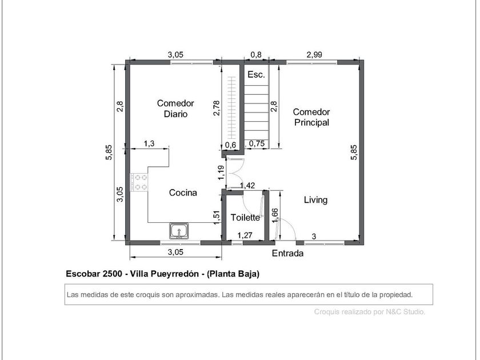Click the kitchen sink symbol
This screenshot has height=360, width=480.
(x=179, y=231)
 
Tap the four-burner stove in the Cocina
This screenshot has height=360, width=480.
(x=139, y=182)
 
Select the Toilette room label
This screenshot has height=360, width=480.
(x=245, y=217)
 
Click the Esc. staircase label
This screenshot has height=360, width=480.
(x=256, y=74)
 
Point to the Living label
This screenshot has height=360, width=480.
(x=315, y=200)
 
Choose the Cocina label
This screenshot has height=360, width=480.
(x=183, y=193)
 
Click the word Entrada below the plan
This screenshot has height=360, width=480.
(x=288, y=253)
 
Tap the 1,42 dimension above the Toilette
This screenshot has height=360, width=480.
(x=247, y=186)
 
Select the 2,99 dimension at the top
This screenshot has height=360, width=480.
(x=314, y=54)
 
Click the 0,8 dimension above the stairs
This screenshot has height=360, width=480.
(x=256, y=54)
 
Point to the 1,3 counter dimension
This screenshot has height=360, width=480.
(x=149, y=143)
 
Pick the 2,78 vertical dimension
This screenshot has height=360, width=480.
(x=217, y=108)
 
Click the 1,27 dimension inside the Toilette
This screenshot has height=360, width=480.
(x=245, y=235)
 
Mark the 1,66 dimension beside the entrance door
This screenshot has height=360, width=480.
(x=275, y=215)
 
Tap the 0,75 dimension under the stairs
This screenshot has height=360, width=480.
(x=257, y=143)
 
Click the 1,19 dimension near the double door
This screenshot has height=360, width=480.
(x=221, y=173)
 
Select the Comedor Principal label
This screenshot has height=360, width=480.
(x=311, y=117)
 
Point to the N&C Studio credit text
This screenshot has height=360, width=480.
(x=405, y=312)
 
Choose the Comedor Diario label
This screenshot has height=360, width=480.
(x=175, y=109)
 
